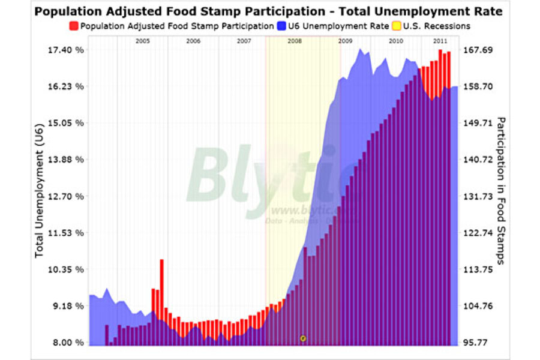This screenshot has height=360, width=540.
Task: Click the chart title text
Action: [x=268, y=11]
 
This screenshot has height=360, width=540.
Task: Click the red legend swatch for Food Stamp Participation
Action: [x=74, y=26]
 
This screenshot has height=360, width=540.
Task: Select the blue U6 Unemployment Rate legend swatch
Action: [x=282, y=26]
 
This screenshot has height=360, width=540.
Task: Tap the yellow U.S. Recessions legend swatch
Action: [x=397, y=26]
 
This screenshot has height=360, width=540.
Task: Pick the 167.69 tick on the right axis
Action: [x=479, y=50]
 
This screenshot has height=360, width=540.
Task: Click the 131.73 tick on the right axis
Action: [x=479, y=196]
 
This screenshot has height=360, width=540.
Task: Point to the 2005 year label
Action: [x=142, y=41]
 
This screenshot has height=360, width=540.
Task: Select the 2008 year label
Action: [x=295, y=41]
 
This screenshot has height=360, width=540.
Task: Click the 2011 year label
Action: [x=440, y=41]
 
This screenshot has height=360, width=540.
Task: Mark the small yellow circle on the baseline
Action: [x=303, y=338]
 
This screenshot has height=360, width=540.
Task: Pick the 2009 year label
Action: [x=345, y=41]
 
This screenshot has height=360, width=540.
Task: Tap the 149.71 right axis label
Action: [x=479, y=123]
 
